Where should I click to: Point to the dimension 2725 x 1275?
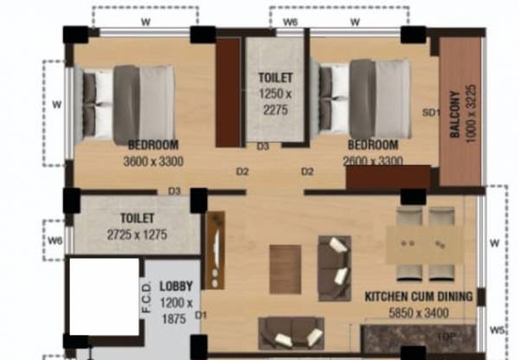[x=138, y=235]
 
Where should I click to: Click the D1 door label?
[x=201, y=315]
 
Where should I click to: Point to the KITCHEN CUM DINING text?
[x=419, y=297]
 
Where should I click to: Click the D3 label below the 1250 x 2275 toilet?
[x=263, y=147]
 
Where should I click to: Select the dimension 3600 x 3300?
[x=153, y=160]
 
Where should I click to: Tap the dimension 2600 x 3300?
[x=374, y=160]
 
